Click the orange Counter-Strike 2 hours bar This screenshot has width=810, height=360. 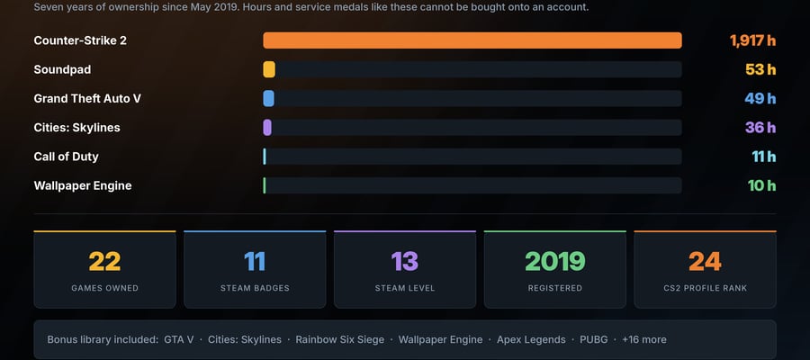click(472, 40)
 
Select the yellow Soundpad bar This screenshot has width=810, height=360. click(269, 69)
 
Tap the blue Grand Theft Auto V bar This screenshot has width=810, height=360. click(268, 98)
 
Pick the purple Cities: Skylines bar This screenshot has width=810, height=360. click(267, 127)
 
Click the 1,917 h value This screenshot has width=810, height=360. click(752, 40)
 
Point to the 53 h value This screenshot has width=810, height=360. click(760, 69)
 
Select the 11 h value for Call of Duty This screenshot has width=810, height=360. click(764, 156)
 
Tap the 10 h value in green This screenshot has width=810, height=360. click(762, 184)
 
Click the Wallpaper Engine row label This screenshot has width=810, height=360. click(83, 186)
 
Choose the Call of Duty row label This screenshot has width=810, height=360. click(66, 157)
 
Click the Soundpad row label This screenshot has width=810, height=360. click(62, 69)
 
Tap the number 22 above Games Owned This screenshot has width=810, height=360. click(104, 261)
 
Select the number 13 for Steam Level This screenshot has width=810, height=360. click(404, 261)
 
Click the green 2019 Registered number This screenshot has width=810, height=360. click(554, 261)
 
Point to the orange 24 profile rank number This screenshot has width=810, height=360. click(705, 261)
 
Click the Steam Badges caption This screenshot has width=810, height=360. click(255, 288)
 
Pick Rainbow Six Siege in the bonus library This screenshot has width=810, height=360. click(340, 339)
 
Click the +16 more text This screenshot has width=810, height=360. click(644, 339)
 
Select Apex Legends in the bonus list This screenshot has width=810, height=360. click(531, 340)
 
